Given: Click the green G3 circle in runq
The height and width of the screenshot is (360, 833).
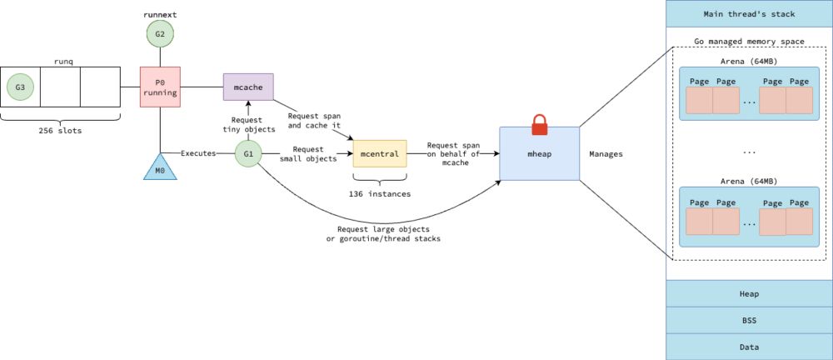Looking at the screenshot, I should (20, 86).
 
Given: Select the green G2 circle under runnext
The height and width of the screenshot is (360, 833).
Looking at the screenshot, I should (159, 34).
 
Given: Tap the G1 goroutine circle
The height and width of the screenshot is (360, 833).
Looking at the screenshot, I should (247, 153).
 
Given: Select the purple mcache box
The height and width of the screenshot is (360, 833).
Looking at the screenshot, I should (248, 86).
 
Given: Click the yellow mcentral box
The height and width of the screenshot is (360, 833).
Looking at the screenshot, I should (380, 153).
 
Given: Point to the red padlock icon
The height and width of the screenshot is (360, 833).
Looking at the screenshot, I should (539, 124).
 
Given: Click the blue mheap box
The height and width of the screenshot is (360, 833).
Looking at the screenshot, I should (539, 155).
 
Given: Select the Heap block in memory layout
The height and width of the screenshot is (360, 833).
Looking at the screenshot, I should (749, 293).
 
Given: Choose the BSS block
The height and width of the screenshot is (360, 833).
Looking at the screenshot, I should (749, 320).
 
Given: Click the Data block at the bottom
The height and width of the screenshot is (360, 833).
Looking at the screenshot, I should (749, 347).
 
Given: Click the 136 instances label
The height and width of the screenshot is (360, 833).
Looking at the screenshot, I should (380, 193).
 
